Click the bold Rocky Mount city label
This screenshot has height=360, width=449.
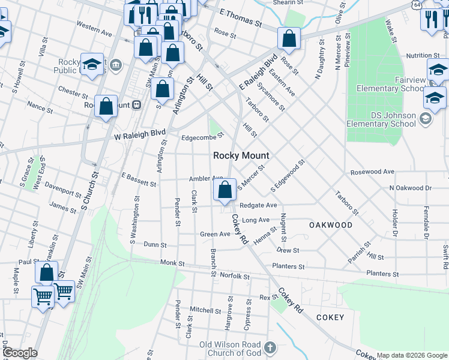[x=241, y=155]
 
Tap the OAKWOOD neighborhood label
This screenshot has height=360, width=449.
[x=331, y=225]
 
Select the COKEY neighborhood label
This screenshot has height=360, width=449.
[x=330, y=317]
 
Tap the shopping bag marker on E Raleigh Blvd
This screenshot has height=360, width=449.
[x=289, y=39]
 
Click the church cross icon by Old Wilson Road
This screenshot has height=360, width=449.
[x=270, y=347]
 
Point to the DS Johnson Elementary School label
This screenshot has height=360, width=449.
[x=381, y=119]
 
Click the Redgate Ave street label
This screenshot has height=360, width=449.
[x=258, y=205]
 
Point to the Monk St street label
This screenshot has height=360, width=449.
[x=172, y=263]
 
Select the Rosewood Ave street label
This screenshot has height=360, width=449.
[x=373, y=172]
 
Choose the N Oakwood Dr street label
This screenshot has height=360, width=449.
[x=410, y=188]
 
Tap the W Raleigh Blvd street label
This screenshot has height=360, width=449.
[x=139, y=135]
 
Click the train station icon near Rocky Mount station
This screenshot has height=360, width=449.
[x=137, y=104]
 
